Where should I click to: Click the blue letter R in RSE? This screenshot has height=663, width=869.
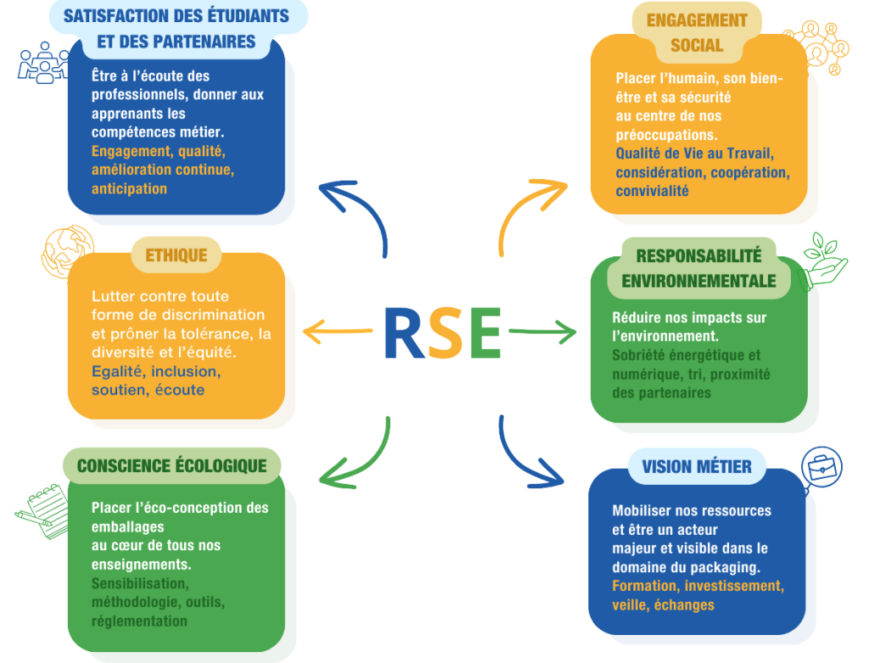tap(404, 332)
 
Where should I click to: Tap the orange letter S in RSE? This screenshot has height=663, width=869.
tap(446, 332)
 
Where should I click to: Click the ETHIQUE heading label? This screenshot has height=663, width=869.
tap(177, 256)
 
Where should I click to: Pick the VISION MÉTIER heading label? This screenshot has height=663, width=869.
tap(697, 467)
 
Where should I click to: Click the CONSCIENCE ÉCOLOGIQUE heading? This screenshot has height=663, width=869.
tap(171, 465)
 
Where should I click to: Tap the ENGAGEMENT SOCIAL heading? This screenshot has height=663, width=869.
tap(697, 32)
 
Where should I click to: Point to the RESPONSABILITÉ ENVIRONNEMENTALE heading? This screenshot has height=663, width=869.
tap(698, 268)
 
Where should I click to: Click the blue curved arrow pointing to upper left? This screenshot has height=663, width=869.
tap(356, 212)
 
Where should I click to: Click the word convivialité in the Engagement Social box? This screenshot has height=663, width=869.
tap(652, 191)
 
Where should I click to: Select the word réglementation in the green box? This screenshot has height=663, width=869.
tap(139, 621)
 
